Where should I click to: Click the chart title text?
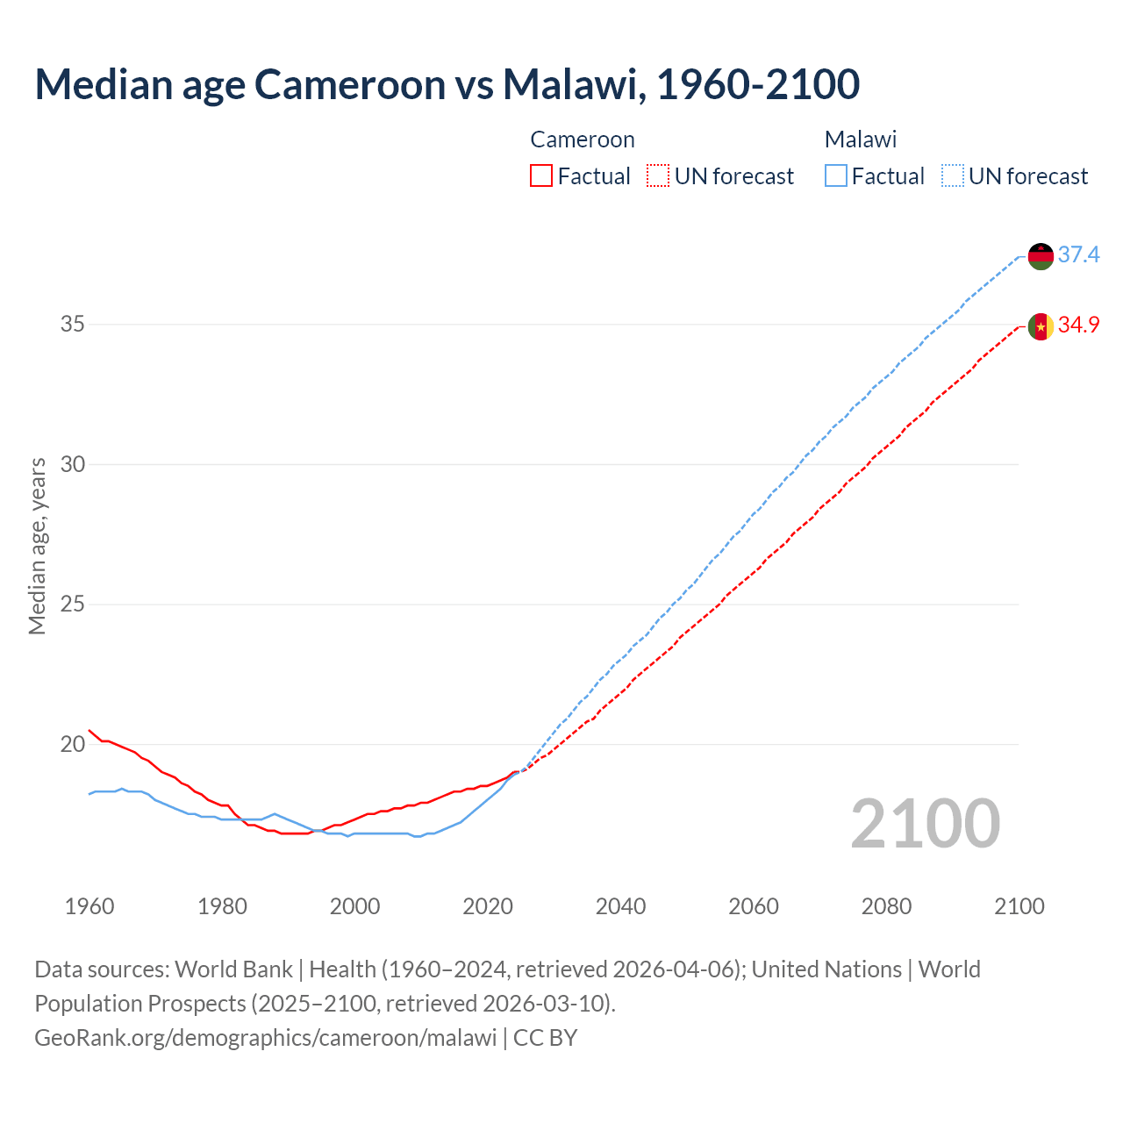[x=447, y=84]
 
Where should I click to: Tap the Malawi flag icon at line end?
[x=1041, y=256]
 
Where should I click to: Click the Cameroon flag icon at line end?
[x=1041, y=326]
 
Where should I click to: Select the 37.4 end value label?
[x=1078, y=255]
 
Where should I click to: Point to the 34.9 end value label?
[x=1078, y=325]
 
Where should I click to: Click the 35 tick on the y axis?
[x=73, y=325]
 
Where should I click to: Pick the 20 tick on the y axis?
[x=73, y=745]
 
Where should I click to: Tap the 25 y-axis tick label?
[x=73, y=604]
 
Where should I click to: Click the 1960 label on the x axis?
[x=89, y=906]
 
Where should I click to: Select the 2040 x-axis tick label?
[x=620, y=906]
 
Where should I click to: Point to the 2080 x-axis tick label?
[x=886, y=906]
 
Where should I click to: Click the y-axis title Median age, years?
[x=37, y=546]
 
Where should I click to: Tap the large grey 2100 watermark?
[x=925, y=824]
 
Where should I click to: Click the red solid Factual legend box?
[x=541, y=176]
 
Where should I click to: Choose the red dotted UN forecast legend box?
[x=658, y=176]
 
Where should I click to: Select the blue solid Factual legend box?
[x=836, y=176]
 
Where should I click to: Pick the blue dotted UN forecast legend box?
[x=953, y=176]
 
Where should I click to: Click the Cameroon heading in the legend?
[x=583, y=139]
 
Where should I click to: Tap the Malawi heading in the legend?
[x=861, y=139]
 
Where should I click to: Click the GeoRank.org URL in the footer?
[x=265, y=1038]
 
